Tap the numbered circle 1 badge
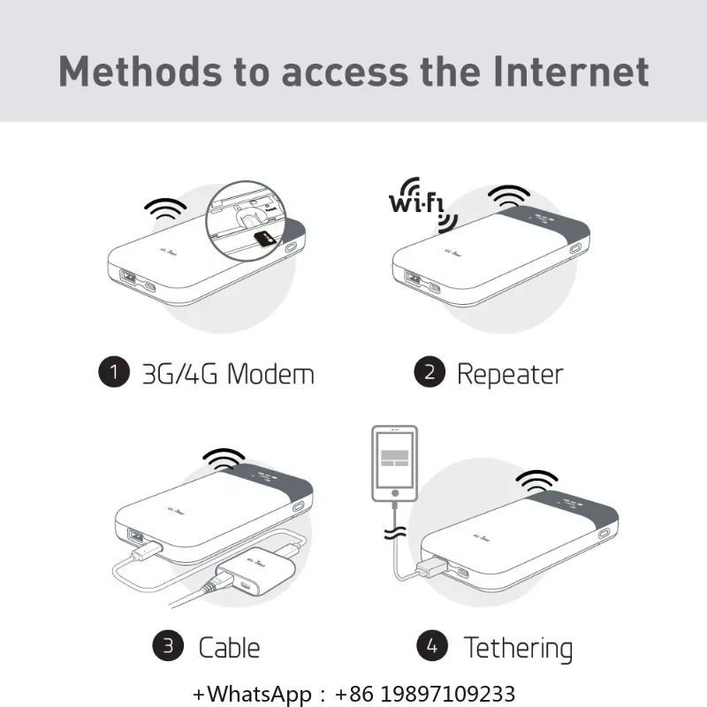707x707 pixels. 112,372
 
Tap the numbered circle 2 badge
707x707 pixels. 429,372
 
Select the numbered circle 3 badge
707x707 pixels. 167,646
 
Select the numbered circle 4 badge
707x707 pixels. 431,646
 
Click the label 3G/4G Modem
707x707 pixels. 228,373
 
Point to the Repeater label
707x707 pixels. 510,373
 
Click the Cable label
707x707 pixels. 229,647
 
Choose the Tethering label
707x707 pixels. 518,647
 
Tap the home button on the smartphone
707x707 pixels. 393,495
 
